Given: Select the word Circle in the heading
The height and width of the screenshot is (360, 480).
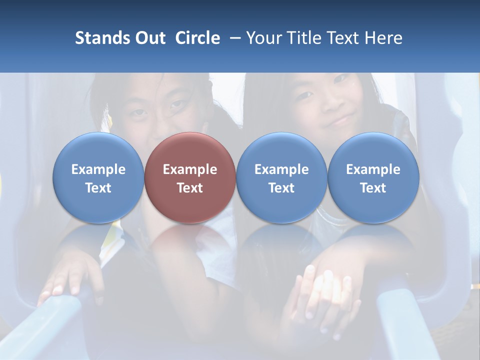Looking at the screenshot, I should click(x=197, y=38).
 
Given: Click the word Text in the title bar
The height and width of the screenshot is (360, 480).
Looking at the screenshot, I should click(x=344, y=38).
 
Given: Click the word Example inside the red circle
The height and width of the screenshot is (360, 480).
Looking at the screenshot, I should click(x=190, y=169).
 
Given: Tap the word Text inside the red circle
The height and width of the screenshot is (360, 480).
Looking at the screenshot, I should click(x=190, y=188).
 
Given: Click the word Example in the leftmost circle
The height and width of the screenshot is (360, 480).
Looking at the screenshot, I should click(x=98, y=169).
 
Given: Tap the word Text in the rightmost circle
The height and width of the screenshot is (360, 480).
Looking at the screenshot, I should click(x=373, y=188).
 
